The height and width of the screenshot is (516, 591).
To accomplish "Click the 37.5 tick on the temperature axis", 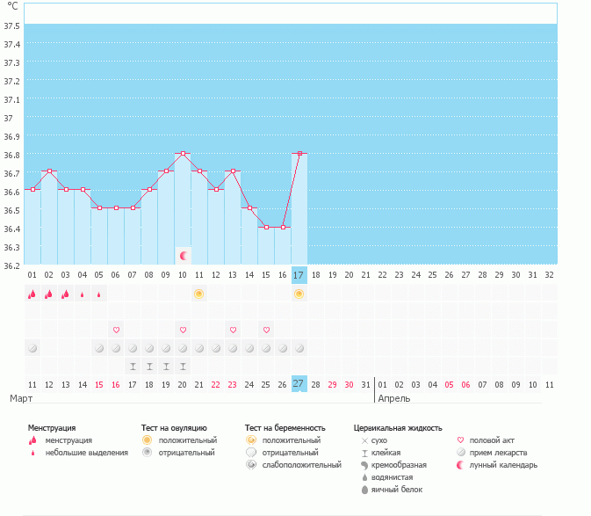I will point(12,25).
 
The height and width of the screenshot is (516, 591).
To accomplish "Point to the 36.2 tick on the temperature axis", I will point(12,265).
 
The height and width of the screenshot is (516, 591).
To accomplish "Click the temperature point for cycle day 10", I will point(183,153).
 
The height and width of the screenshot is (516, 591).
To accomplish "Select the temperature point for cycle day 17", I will point(299,153).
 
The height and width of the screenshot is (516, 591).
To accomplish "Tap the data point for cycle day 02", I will point(49,171).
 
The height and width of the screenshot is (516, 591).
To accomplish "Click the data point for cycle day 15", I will point(266,227).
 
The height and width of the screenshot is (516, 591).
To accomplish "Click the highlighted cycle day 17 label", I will point(299,275).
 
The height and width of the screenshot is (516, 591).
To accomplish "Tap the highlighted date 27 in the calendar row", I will point(299,384).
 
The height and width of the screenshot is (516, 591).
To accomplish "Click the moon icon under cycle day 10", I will point(184,256).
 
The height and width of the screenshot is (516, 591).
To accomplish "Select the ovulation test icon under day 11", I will point(199,294).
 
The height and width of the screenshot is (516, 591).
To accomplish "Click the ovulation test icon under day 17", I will point(299,294).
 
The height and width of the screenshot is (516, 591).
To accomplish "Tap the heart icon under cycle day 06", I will point(116,330).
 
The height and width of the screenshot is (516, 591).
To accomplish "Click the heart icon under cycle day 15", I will point(266,330).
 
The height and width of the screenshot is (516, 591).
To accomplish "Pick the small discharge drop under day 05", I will point(99,294).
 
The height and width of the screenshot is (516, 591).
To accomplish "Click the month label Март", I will point(21,399).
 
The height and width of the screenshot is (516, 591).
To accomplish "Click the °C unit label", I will point(11,6).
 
